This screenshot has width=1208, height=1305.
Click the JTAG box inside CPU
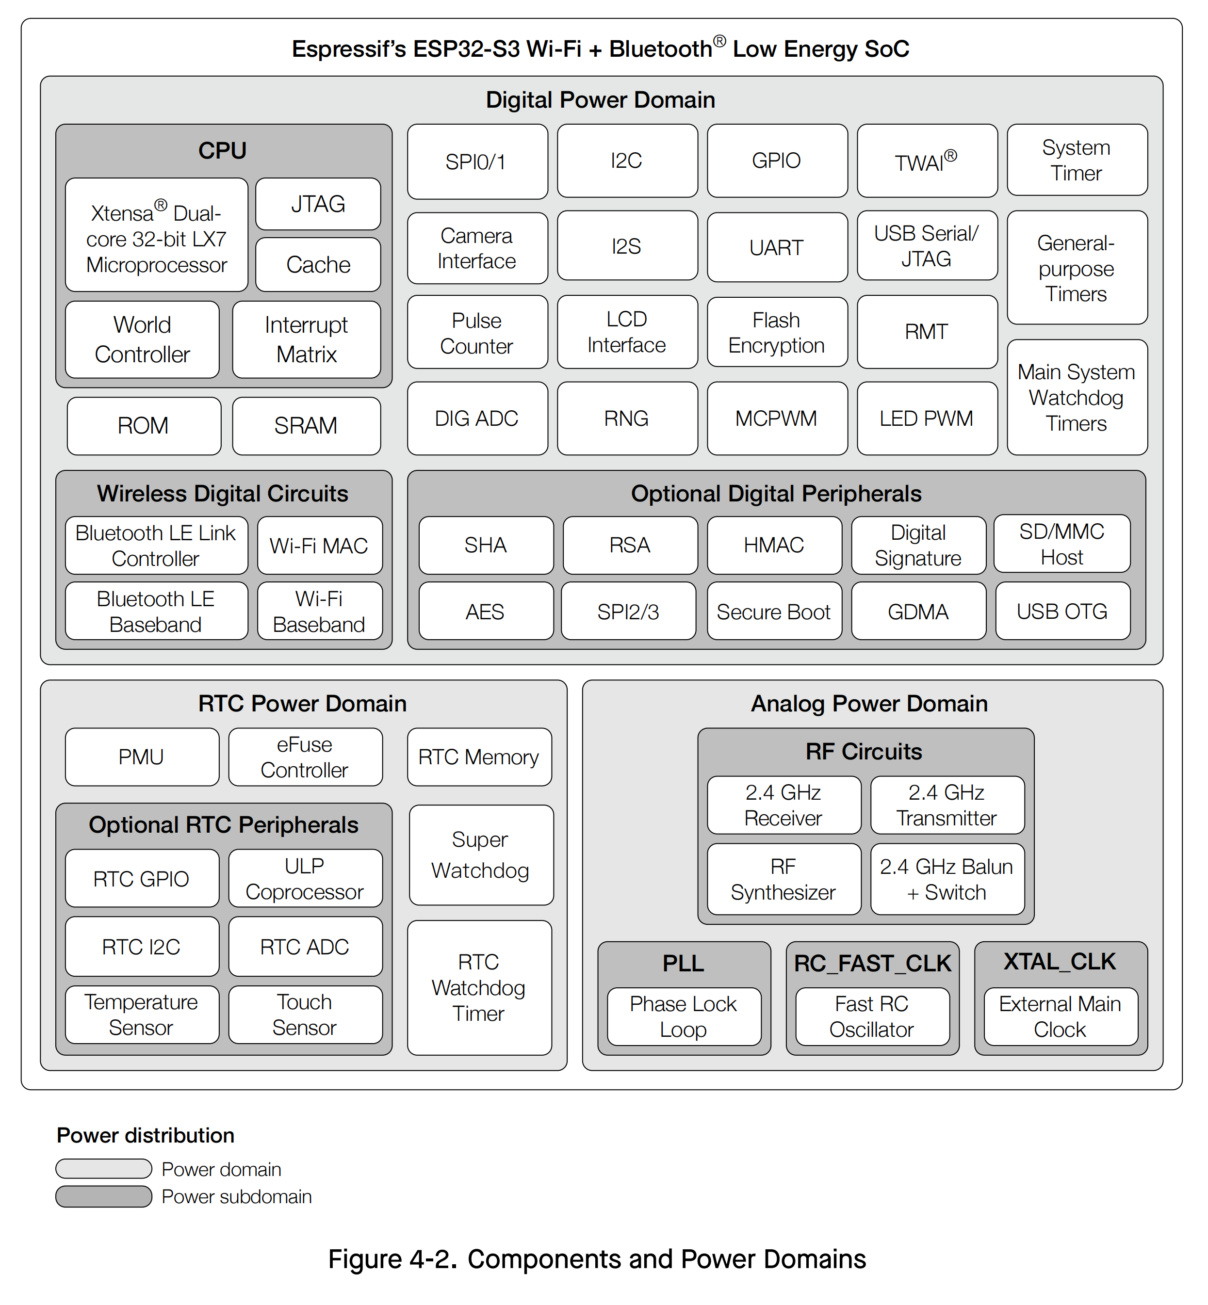click(x=318, y=204)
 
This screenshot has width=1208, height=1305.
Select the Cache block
click(x=318, y=265)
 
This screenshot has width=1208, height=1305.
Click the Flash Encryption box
click(x=777, y=332)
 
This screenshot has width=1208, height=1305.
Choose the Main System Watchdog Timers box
click(x=1076, y=397)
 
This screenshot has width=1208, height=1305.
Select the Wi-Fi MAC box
click(x=319, y=546)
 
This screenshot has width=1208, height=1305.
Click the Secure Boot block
click(x=773, y=612)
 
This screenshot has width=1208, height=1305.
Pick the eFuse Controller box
click(x=305, y=757)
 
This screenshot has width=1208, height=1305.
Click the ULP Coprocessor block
click(x=305, y=878)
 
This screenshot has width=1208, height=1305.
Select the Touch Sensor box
click(x=305, y=1014)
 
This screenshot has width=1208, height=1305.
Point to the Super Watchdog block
click(x=480, y=855)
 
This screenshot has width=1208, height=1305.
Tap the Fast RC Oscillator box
click(x=871, y=1016)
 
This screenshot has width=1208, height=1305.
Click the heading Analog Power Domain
click(x=869, y=704)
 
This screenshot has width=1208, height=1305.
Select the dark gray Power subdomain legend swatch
click(x=103, y=1196)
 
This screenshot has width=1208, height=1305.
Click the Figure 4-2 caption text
click(x=597, y=1258)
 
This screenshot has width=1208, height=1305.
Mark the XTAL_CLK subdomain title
click(x=1060, y=961)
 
